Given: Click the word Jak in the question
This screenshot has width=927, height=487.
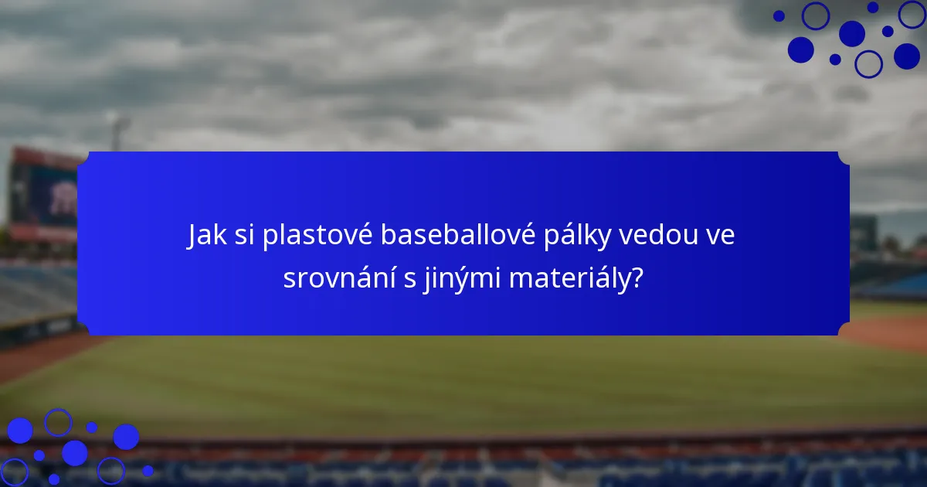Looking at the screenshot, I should [205, 237].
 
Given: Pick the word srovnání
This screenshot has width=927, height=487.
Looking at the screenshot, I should [338, 278].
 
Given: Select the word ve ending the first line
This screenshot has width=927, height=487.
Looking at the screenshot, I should [720, 237].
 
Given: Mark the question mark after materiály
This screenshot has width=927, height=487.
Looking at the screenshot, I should [637, 278].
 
